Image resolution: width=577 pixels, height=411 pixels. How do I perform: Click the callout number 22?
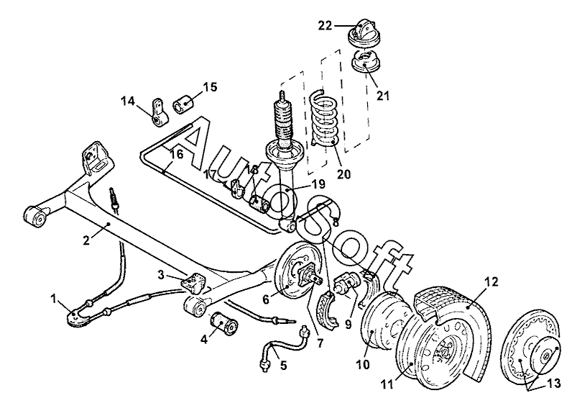pyautogui.click(x=325, y=26)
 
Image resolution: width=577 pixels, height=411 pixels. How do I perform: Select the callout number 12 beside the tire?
pyautogui.click(x=492, y=282)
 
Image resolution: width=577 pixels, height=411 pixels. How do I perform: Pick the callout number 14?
pyautogui.click(x=128, y=101)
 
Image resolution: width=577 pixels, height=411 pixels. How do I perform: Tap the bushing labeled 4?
pyautogui.click(x=223, y=323)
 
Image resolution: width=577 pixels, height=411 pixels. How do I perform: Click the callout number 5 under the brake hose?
pyautogui.click(x=283, y=365)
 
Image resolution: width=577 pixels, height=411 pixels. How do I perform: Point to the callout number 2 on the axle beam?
pyautogui.click(x=86, y=240)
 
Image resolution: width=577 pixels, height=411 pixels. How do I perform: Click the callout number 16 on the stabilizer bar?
pyautogui.click(x=177, y=154)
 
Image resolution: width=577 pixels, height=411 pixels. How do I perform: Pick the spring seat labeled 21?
pyautogui.click(x=365, y=63)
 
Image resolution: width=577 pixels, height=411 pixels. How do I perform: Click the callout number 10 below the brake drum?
pyautogui.click(x=362, y=364)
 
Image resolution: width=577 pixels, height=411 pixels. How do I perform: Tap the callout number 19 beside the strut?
pyautogui.click(x=318, y=184)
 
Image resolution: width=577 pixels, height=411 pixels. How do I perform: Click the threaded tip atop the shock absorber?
pyautogui.click(x=283, y=95)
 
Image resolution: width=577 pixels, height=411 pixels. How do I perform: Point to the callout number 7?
pyautogui.click(x=320, y=343)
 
